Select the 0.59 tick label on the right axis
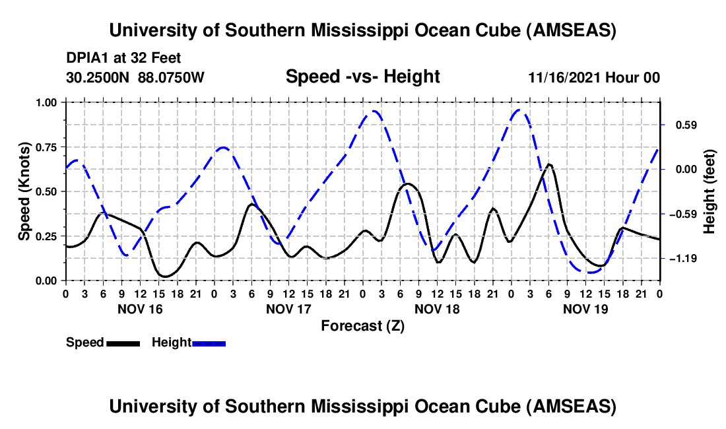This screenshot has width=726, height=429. [x=680, y=125]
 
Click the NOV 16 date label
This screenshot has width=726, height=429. [x=139, y=309]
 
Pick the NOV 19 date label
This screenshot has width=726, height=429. [x=585, y=309]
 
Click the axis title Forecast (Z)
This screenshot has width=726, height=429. [x=362, y=325]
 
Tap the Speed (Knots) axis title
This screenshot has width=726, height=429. [x=24, y=191]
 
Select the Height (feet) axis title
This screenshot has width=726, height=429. [x=709, y=191]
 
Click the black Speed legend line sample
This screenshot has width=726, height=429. [x=123, y=343]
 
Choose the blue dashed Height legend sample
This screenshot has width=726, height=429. [x=209, y=343]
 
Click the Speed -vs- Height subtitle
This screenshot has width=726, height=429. [x=362, y=77]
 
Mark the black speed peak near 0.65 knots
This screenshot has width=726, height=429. [x=549, y=164]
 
